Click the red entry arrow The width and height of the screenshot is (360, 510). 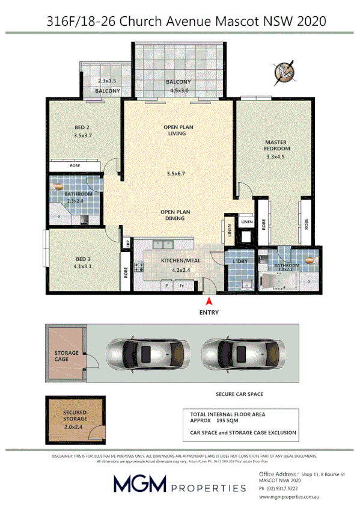[209, 301]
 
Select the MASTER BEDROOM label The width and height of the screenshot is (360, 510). [277, 146]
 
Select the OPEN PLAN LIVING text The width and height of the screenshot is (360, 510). [177, 131]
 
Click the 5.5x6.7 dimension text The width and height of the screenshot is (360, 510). [176, 174]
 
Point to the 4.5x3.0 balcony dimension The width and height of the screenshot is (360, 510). [179, 91]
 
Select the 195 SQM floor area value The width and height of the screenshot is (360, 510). [235, 422]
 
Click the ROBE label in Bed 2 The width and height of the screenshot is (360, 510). [75, 165]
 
